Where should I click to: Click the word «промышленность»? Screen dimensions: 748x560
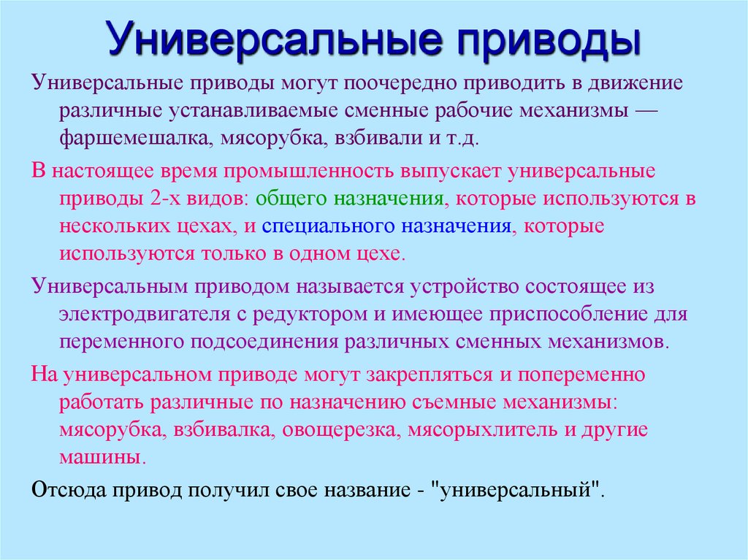pyautogui.click(x=309, y=172)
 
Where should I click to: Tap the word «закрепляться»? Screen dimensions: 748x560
pyautogui.click(x=430, y=375)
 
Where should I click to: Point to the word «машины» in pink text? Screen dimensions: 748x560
pyautogui.click(x=100, y=458)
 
